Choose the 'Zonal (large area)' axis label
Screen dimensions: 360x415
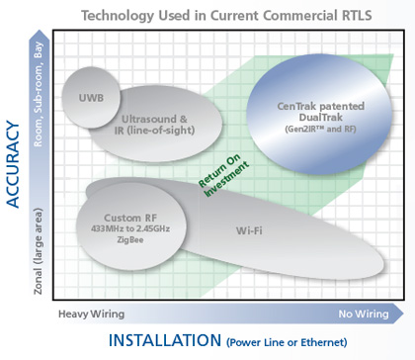click(x=40, y=241)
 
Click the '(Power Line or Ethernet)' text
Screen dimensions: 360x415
click(x=288, y=343)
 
